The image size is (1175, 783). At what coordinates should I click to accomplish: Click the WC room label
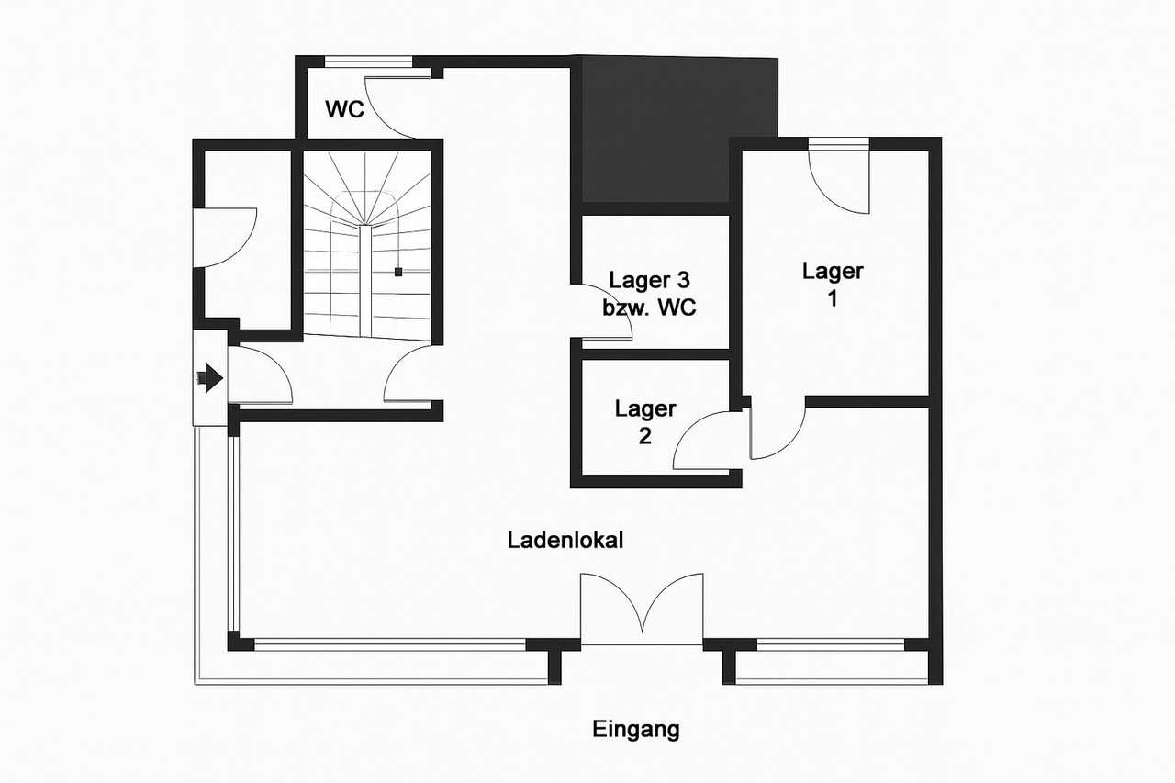(x=344, y=109)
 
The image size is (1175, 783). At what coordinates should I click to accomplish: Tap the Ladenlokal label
(x=565, y=540)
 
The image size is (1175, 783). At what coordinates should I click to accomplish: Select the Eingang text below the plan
(x=636, y=730)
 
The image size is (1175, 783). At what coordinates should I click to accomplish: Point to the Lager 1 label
(x=833, y=285)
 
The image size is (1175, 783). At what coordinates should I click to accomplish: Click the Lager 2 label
(x=645, y=422)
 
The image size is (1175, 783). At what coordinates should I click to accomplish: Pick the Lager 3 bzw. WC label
(x=649, y=294)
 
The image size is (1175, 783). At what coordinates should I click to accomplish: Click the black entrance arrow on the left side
(x=210, y=377)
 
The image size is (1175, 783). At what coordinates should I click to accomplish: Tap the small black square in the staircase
(x=398, y=272)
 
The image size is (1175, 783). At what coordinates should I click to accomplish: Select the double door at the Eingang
(x=642, y=609)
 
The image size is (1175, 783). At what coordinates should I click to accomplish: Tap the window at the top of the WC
(x=369, y=62)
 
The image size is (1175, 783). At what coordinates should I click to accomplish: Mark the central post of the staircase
(x=365, y=281)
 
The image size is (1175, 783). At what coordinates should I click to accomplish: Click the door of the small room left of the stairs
(x=226, y=238)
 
